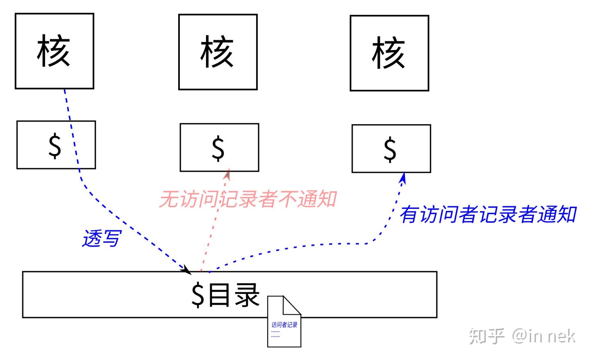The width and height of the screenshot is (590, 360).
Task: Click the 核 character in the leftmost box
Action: coord(54,51)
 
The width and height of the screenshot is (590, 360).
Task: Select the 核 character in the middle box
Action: coord(217,52)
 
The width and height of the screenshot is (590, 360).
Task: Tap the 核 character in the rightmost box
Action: coord(389,53)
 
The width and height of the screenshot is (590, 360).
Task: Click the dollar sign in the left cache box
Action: coord(55,146)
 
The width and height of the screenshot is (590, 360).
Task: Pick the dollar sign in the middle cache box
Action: coord(218,148)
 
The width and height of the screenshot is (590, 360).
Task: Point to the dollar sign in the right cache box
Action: coord(390,149)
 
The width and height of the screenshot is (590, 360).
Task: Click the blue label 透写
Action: coord(102,238)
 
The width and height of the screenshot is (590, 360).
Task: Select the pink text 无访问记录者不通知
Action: coord(248,199)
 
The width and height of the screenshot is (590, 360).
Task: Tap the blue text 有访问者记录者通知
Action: coord(488,215)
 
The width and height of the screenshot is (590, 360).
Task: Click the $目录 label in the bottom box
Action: coord(225,295)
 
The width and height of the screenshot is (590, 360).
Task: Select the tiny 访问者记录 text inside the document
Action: coord(284,325)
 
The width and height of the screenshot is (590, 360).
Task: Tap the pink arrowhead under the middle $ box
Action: coord(227,174)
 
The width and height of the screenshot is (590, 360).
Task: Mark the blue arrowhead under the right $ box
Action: coord(403,178)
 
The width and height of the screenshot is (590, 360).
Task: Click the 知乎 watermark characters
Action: coord(486,336)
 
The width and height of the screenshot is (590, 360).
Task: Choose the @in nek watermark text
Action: coord(544,336)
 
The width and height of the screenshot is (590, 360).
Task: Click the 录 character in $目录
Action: coord(247,295)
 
